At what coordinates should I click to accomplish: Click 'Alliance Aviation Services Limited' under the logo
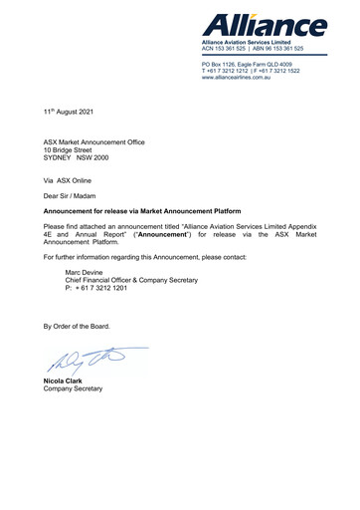[253, 41]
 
